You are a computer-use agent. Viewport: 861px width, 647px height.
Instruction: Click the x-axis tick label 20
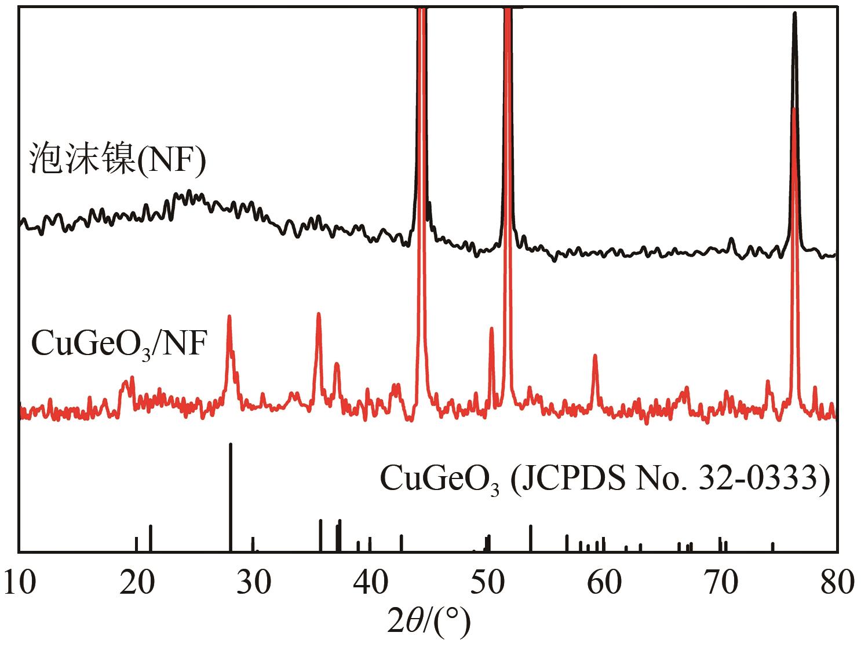tap(137, 583)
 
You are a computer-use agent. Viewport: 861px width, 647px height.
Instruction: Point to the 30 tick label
tap(254, 583)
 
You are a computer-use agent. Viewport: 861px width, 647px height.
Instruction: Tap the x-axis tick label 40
tap(371, 583)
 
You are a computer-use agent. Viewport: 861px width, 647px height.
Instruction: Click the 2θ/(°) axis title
tap(429, 623)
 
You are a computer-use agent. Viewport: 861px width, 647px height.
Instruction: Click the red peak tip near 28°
tap(229, 317)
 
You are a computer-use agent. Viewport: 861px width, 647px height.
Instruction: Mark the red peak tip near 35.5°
tap(318, 314)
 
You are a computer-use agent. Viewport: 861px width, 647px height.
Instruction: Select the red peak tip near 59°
tap(594, 356)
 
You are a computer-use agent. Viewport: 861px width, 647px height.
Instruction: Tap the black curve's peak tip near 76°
tap(794, 14)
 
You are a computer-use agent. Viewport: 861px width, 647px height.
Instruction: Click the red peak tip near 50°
tap(491, 328)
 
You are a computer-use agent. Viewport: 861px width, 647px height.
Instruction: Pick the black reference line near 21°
tap(151, 538)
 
